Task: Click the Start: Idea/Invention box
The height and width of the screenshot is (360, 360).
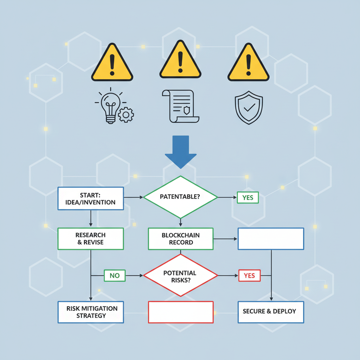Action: pos(90,198)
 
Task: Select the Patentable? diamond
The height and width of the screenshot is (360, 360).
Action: pos(180,197)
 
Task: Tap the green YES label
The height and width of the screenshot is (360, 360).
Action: pos(247,198)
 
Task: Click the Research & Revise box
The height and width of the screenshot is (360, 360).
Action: pos(90,239)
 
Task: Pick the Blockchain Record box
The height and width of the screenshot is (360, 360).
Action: pos(180,239)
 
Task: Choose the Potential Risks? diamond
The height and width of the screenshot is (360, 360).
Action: pos(180,276)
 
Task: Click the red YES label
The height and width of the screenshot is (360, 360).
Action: pos(249,276)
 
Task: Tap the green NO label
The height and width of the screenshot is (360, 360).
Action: pos(115,276)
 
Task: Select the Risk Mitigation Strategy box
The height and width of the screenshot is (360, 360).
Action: pos(90,312)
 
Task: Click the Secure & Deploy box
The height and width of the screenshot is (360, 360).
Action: pos(271,312)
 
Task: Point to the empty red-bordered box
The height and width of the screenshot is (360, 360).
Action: pos(181,312)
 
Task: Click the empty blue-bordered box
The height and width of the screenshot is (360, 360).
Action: pos(271,239)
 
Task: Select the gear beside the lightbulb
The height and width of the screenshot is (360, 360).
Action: pos(126,115)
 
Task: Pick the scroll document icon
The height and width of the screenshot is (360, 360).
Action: pos(180,106)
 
